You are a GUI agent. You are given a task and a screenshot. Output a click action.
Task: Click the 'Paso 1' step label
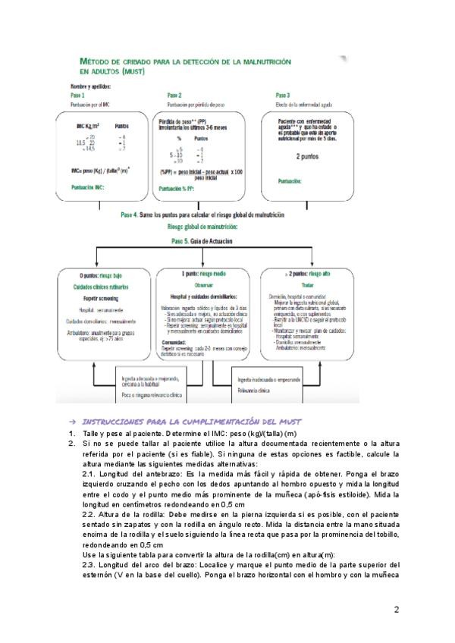tap(77, 96)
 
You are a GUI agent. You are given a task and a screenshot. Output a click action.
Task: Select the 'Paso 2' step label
tap(174, 96)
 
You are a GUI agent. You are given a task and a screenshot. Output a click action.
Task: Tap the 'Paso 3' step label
tap(282, 96)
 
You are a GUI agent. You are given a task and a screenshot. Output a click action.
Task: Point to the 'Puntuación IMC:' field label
tap(92, 187)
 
